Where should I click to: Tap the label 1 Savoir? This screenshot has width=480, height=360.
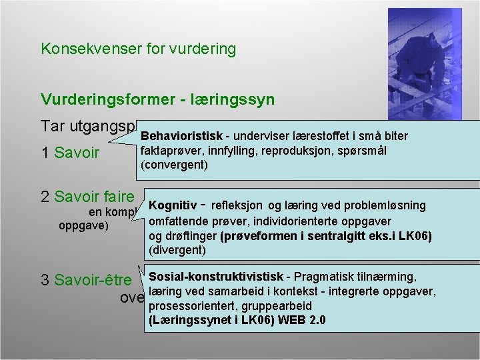[70, 153]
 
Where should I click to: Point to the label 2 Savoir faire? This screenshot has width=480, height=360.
[87, 197]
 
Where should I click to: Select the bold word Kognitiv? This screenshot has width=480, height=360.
[173, 205]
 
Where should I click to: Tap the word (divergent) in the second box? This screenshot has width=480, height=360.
[178, 250]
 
